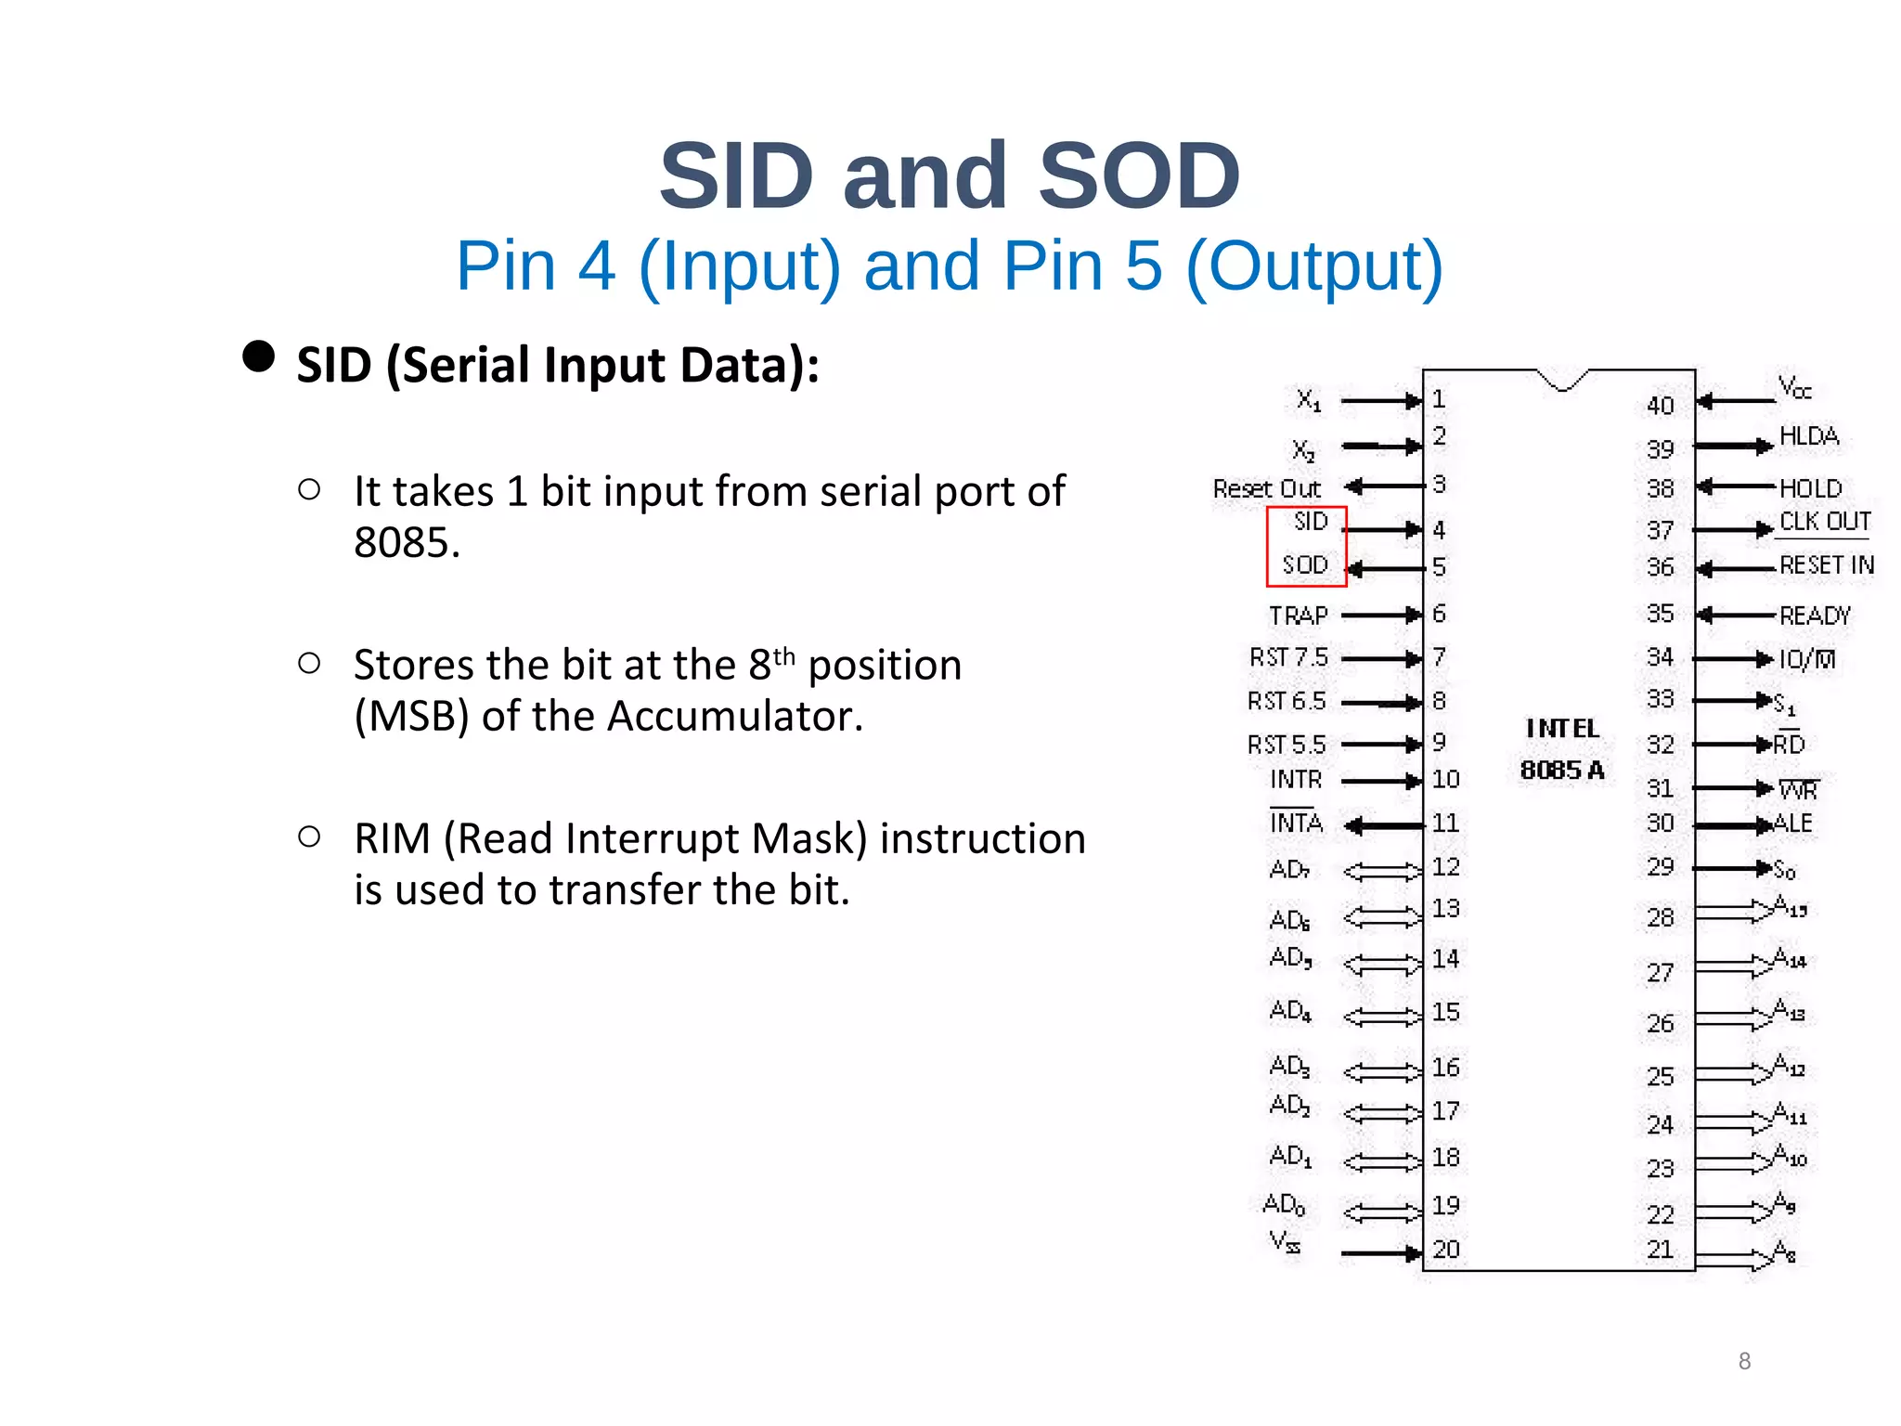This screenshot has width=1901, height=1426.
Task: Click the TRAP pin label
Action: click(1298, 616)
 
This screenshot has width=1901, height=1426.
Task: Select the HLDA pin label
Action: click(1808, 436)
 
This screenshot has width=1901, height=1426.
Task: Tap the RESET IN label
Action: click(1826, 565)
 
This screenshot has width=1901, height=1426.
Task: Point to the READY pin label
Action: click(1815, 616)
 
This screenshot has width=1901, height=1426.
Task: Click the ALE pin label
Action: click(1792, 823)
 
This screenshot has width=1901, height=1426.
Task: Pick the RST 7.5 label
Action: click(1288, 657)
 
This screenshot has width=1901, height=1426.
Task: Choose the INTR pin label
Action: click(1296, 780)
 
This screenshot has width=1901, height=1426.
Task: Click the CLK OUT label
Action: click(1824, 522)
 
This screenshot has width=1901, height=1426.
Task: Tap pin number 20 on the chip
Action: click(1445, 1250)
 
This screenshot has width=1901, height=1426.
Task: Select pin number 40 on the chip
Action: click(1660, 406)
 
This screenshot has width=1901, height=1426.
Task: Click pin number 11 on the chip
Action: click(1444, 823)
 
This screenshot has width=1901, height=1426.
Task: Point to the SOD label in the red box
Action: click(1305, 564)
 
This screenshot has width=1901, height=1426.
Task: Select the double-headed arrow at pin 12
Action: click(1382, 871)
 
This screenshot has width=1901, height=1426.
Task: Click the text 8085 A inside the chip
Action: click(1561, 770)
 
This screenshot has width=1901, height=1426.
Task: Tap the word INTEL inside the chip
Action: click(1562, 729)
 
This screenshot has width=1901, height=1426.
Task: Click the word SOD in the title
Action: click(1139, 175)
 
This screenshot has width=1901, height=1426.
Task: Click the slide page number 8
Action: click(1744, 1361)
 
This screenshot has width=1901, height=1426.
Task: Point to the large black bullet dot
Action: click(258, 356)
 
